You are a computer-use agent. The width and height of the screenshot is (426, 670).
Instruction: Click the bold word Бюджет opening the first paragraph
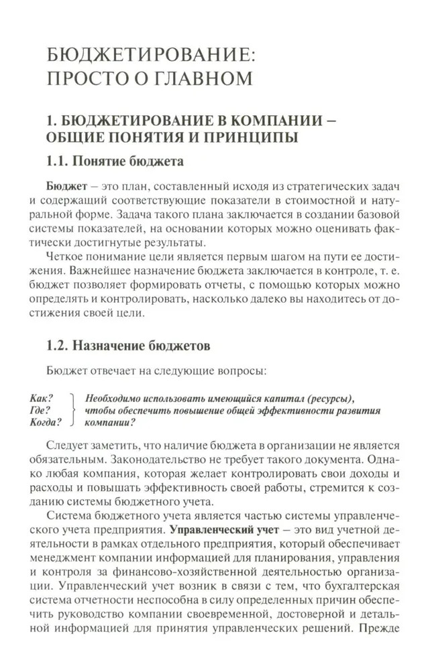66,185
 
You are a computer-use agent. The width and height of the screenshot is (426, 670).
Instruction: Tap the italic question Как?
42,397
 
